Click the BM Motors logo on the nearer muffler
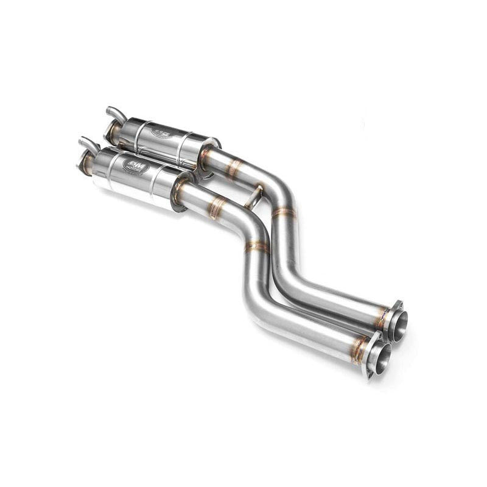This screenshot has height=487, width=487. pos(135,166)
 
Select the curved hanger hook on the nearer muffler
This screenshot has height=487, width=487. pos(89,145)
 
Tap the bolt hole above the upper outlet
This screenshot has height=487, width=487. pos(398,304)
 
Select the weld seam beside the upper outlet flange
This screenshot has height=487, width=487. pos(381,317)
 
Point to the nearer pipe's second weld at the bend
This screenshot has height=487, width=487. pos(257,247)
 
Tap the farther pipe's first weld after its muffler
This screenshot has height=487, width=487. pos(234,169)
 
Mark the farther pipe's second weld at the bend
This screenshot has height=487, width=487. pos(284,212)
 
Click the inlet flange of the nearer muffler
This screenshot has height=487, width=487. pos(85,163)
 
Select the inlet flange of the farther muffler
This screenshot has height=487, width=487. pos(111,130)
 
